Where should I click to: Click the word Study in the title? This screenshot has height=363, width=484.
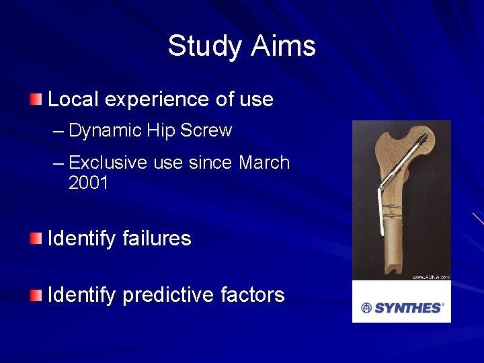point(205,46)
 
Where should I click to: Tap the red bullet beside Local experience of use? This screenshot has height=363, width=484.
point(35,100)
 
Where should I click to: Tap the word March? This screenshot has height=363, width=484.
point(264,163)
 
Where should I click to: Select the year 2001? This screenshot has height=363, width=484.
point(89,183)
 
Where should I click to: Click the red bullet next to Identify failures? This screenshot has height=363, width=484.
point(35,239)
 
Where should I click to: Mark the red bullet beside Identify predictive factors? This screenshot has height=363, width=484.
point(35,294)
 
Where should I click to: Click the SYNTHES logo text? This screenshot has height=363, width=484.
point(408,308)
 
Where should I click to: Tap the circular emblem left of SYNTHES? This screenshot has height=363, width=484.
point(366,308)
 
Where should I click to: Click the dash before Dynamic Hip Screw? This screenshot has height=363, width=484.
point(58,130)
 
